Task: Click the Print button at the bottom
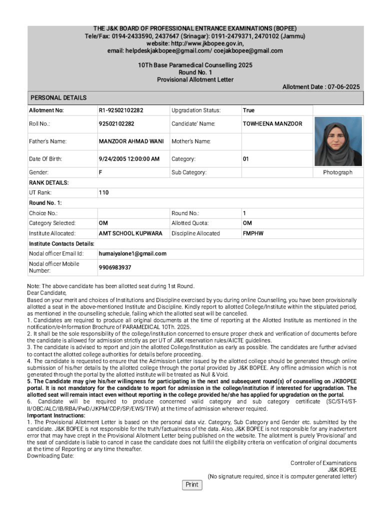coord(191,484)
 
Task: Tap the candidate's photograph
coord(338,141)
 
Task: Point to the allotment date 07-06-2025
coord(343,87)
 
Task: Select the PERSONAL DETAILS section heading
coord(58,98)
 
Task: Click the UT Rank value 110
coord(103,192)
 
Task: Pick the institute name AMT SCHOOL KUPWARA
coord(130,233)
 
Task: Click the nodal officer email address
coord(132,253)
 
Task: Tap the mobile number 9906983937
coord(115,267)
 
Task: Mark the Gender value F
coord(100,172)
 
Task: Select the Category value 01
coord(245,159)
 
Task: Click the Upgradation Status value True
coord(248,110)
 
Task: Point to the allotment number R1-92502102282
coord(120,110)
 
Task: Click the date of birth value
coord(129,159)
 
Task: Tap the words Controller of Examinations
coord(323,463)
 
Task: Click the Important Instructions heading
coord(56,415)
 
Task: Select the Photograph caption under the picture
coord(337,172)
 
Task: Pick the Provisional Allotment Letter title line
coord(195,79)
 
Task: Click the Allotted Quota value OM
coord(247,223)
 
